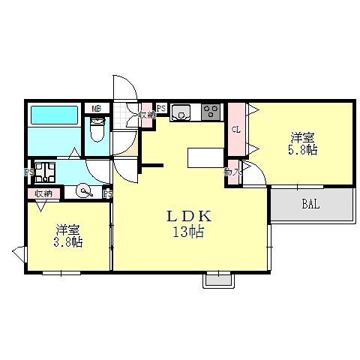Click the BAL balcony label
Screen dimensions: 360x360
(311, 203)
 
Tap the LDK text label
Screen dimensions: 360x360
(190, 217)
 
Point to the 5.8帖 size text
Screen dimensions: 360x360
(302, 150)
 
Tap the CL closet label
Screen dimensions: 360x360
(235, 129)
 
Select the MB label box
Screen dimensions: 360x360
(96, 109)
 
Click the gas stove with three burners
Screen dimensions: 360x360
(211, 112)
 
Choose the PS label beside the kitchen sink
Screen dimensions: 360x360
(160, 108)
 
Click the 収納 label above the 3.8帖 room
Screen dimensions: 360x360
(43, 193)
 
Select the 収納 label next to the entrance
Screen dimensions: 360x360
(147, 115)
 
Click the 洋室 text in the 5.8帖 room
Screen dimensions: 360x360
(302, 137)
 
